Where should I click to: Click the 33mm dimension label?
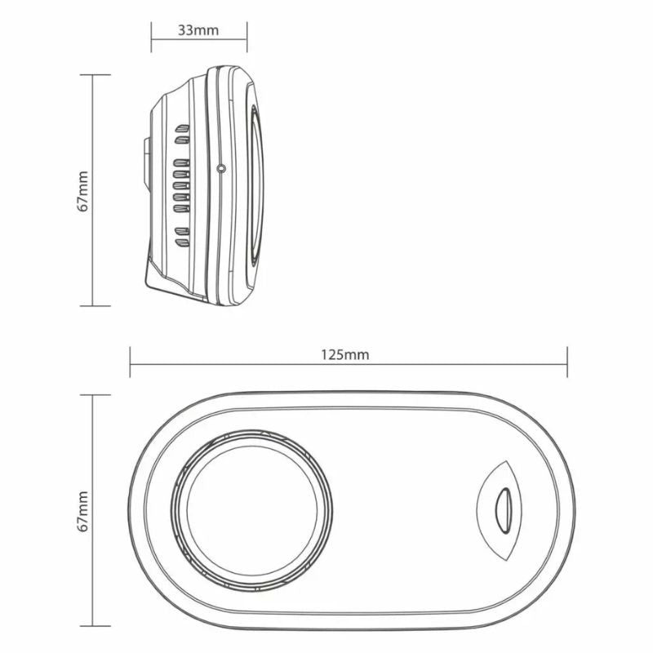pos(198,30)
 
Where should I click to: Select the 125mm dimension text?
pos(346,354)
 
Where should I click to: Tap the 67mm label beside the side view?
pos(83,191)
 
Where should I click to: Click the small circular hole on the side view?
pos(221,168)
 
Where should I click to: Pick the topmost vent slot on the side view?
pos(182,129)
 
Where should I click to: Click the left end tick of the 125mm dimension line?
pos(131,362)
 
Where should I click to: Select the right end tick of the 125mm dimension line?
pos(567,362)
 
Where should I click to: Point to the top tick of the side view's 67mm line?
pos(95,75)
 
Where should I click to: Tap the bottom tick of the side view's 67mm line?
pos(95,305)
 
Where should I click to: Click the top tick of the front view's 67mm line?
pos(95,395)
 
